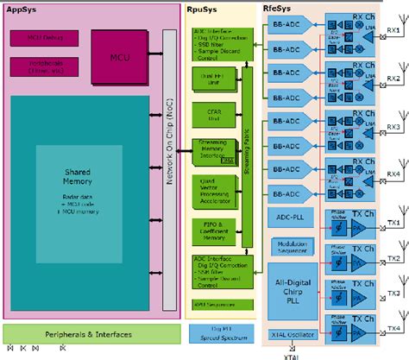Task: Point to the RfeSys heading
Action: [x=279, y=9]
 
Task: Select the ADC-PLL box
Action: [x=291, y=215]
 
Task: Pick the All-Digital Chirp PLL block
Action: [x=291, y=291]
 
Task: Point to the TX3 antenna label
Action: [x=393, y=294]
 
